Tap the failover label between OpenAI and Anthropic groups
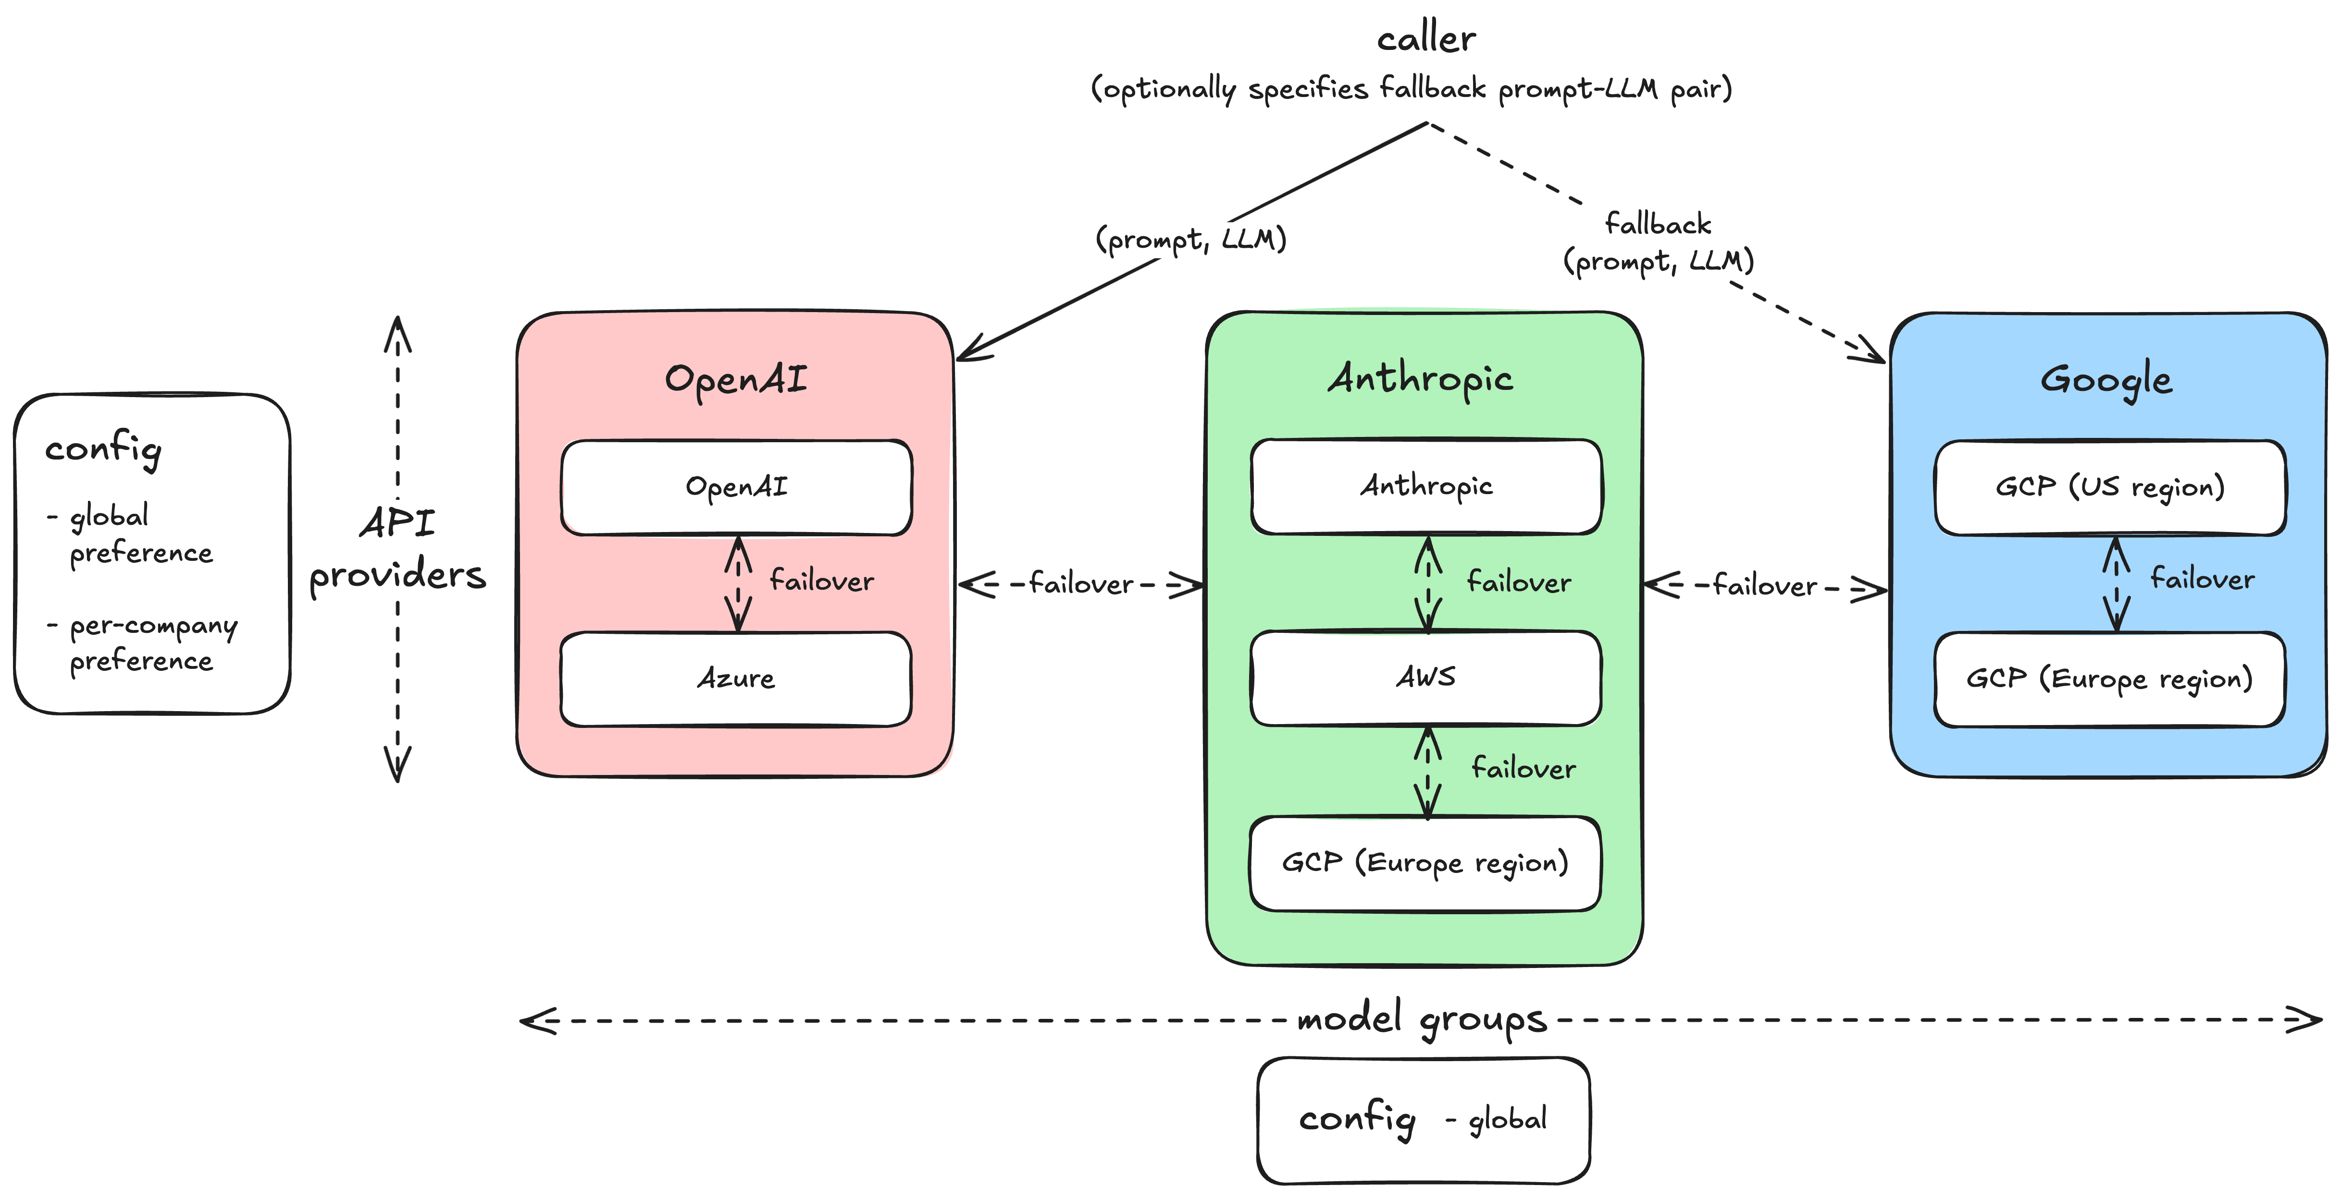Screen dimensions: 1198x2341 1080,584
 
